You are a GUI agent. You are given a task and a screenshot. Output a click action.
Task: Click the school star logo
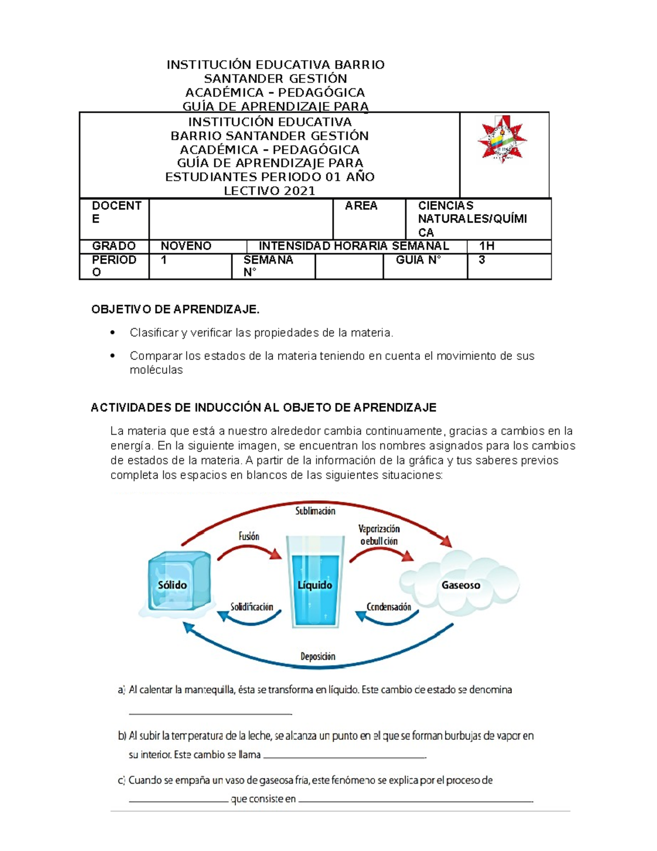coord(502,140)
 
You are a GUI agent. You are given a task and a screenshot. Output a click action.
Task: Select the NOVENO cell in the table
coord(186,246)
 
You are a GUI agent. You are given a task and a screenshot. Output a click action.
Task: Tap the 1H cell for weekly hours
coord(487,246)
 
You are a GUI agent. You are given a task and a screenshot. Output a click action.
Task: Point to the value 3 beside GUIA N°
coord(482,260)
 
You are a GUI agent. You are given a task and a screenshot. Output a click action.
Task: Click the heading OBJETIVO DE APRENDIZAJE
coord(175,310)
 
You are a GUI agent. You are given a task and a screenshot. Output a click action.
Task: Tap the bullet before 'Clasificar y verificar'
coord(113,332)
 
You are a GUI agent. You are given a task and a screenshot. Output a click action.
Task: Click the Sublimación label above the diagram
coord(315,511)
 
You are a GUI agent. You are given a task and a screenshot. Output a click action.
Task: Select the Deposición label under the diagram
coord(318,656)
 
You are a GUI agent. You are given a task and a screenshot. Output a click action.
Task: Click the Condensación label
coord(389,607)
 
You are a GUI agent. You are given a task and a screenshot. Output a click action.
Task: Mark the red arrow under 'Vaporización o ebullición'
coord(382,553)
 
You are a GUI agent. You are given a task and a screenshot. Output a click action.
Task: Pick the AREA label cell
coord(361,206)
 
